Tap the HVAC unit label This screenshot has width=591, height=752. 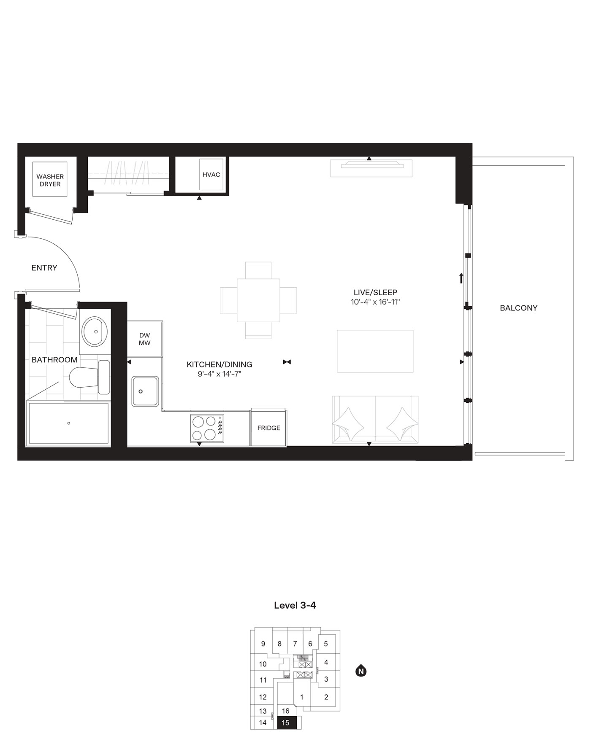[x=211, y=175]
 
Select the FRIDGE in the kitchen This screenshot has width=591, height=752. [x=268, y=428]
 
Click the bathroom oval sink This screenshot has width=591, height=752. [x=95, y=332]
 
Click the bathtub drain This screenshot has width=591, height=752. [x=69, y=423]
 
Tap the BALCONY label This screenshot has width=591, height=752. [x=518, y=308]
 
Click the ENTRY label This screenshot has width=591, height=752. [x=44, y=268]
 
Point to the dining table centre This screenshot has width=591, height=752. [x=258, y=300]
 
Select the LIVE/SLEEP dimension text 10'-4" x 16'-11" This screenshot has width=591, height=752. [x=375, y=302]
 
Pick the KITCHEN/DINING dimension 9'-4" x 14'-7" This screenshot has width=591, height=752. [x=219, y=374]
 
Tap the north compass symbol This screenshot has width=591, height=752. [x=361, y=671]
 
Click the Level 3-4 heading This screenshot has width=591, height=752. [x=295, y=605]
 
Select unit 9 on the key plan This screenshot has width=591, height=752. [x=263, y=644]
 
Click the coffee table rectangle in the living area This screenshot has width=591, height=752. [x=375, y=351]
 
